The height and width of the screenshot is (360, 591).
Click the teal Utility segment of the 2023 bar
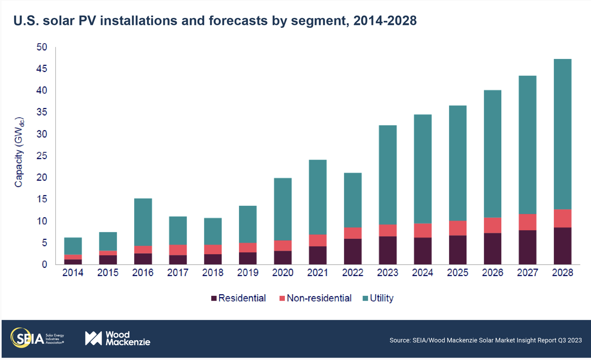tap(388, 175)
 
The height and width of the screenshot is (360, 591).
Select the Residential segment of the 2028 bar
tap(562, 246)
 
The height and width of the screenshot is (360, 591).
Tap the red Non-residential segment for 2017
tap(178, 250)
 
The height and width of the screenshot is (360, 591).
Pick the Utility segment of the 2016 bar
tap(143, 222)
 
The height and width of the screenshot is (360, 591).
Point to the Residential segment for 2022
tap(353, 252)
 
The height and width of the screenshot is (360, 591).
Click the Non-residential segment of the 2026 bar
tap(492, 225)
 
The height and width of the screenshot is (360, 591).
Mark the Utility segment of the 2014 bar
tap(73, 246)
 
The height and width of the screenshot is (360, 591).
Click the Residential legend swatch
tap(214, 298)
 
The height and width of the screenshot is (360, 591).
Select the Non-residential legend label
tap(319, 298)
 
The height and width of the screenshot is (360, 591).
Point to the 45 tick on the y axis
tap(42, 69)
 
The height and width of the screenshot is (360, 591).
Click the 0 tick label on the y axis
tap(44, 265)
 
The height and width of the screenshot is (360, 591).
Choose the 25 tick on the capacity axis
tap(42, 156)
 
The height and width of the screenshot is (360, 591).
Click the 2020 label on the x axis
tap(283, 273)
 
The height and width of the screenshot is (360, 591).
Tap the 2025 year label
tap(458, 273)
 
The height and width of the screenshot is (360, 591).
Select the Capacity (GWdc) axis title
tap(19, 153)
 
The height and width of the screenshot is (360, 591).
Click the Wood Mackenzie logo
tap(117, 338)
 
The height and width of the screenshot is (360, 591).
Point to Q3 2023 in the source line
tap(569, 340)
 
